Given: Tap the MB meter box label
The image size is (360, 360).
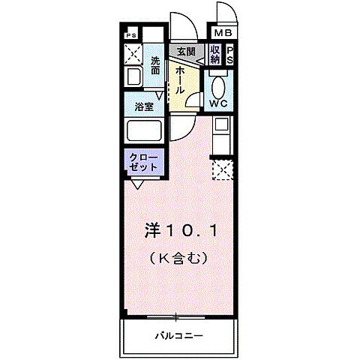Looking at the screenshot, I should (224, 34).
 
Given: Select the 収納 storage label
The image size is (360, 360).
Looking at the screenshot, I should (215, 55).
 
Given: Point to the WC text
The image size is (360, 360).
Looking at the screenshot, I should (219, 103).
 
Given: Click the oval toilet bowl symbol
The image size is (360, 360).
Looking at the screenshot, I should (219, 84).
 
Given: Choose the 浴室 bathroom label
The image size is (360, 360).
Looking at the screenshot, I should (145, 107).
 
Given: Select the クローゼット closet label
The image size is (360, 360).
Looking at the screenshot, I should (142, 162).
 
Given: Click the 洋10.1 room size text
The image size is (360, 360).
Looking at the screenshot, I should (180, 232).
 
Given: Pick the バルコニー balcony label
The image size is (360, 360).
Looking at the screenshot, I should (180, 334).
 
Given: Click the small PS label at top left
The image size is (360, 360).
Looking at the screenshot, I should (131, 35).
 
